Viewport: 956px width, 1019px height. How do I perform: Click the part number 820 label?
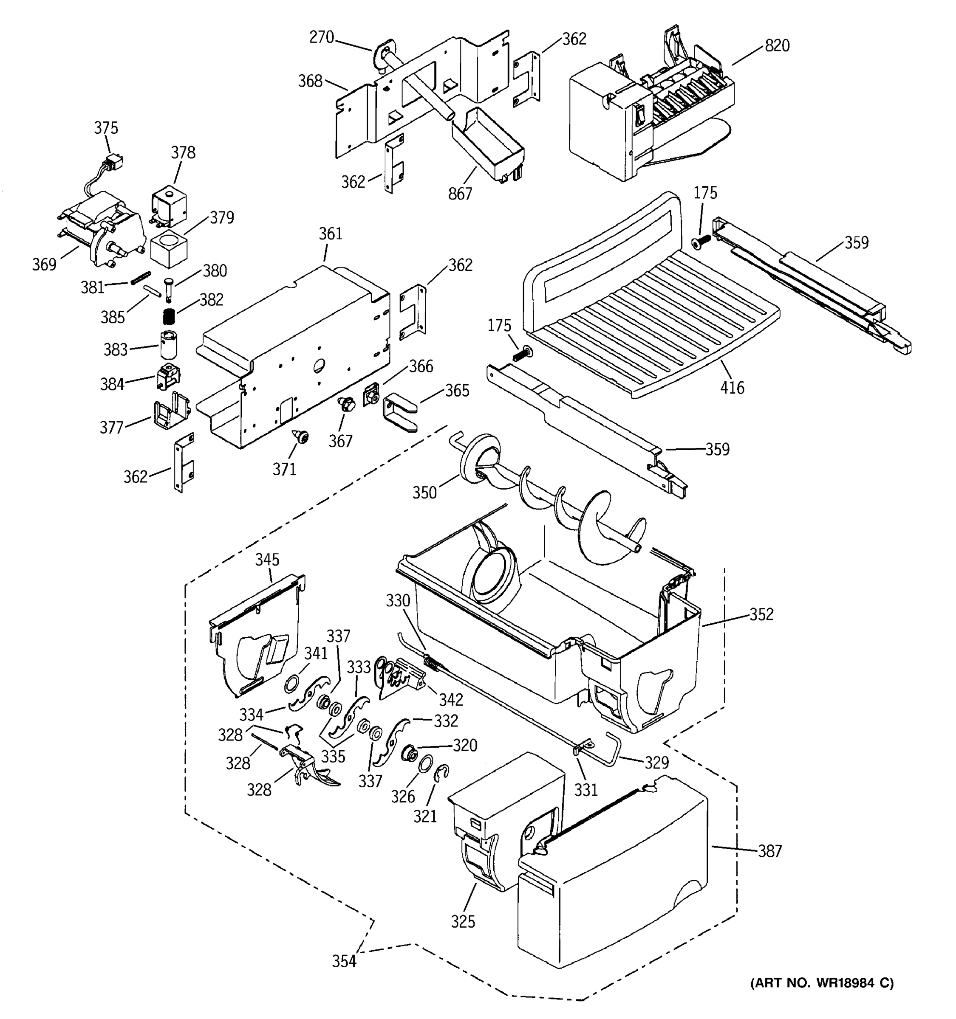(x=777, y=45)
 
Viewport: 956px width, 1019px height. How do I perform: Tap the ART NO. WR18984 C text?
(x=822, y=982)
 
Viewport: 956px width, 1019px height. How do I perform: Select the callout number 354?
(x=344, y=962)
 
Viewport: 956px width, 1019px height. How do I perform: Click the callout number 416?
(x=732, y=388)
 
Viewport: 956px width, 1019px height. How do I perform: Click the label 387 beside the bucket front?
(x=770, y=851)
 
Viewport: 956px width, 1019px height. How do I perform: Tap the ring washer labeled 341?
(x=292, y=683)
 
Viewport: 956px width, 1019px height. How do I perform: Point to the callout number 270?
(x=322, y=37)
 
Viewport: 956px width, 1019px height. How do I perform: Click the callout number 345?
(x=267, y=559)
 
